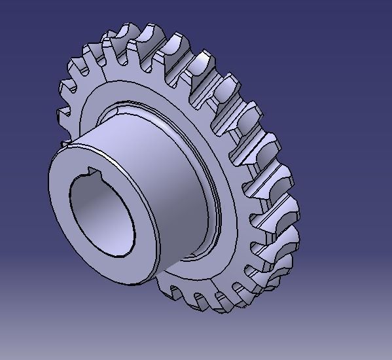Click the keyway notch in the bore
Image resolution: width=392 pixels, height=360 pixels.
tap(89, 175)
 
